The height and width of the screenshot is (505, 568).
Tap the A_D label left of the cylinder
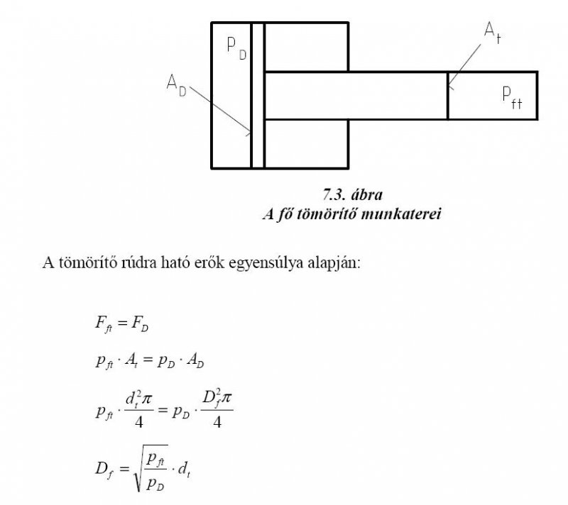(x=176, y=85)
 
